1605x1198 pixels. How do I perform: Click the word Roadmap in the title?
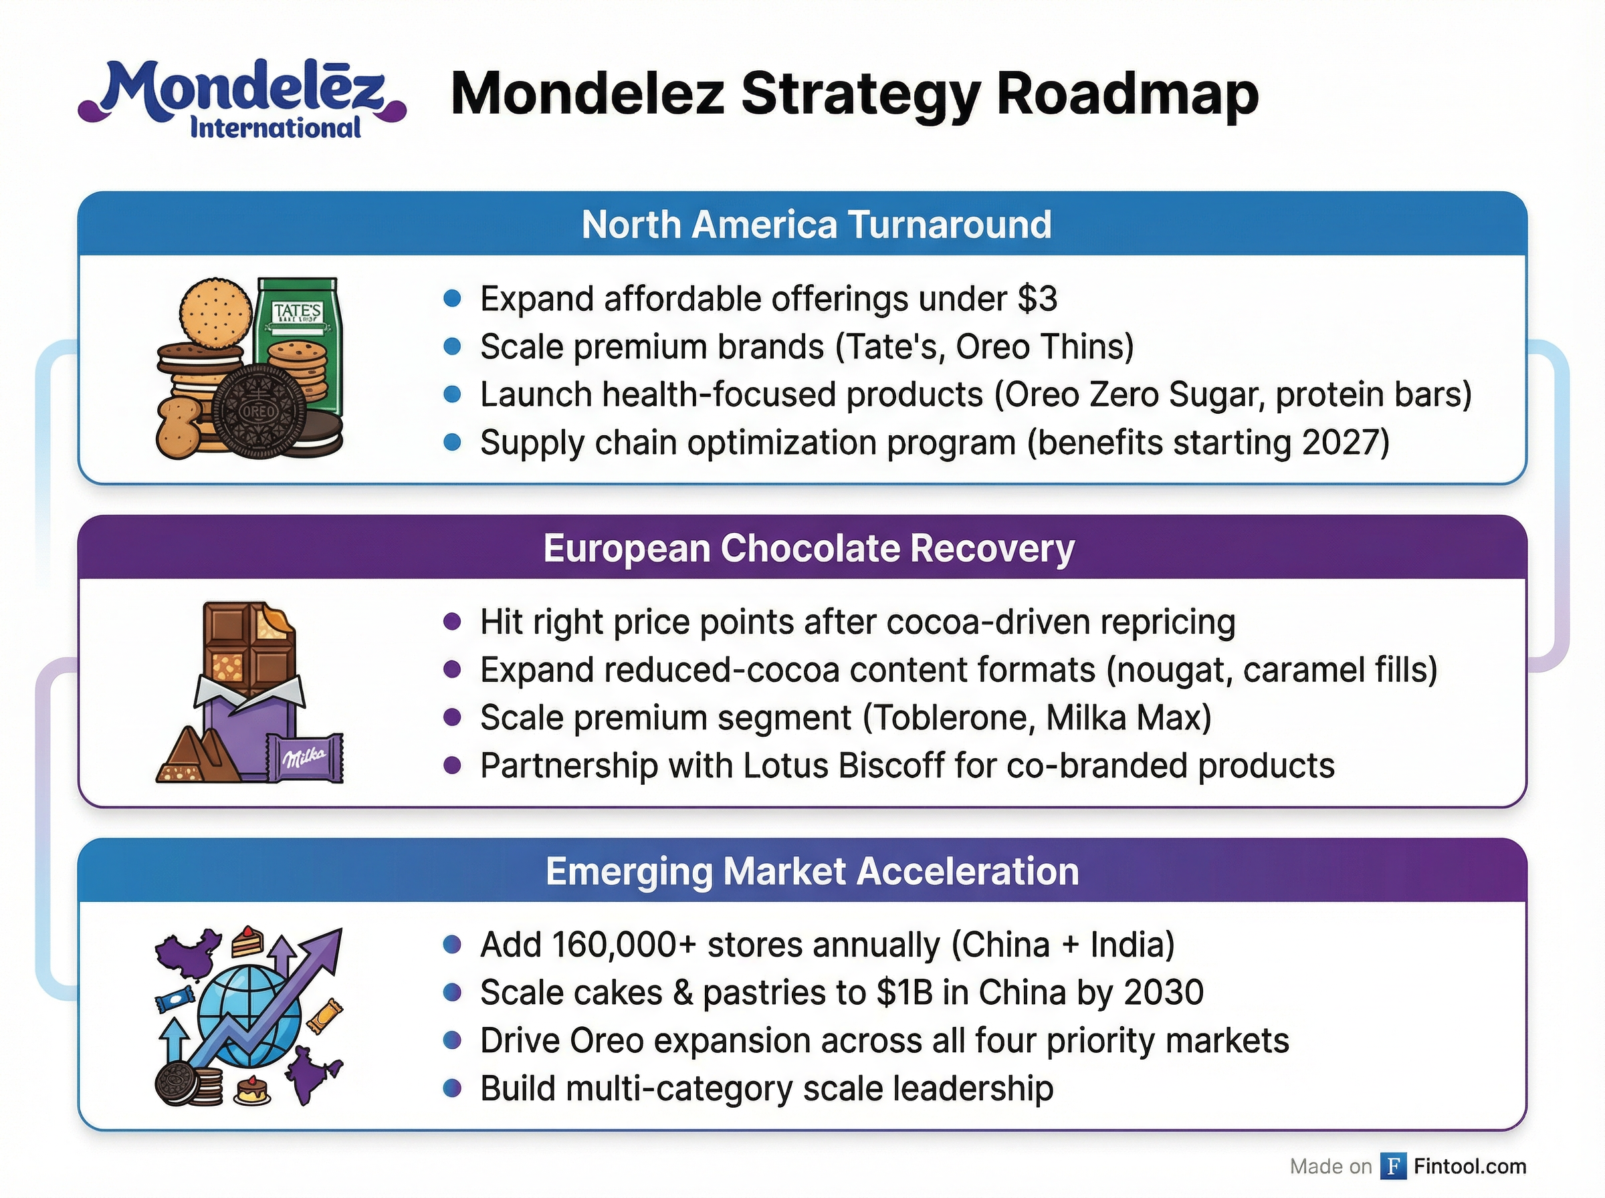[x=1127, y=94]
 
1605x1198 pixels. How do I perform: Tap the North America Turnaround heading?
[x=816, y=225]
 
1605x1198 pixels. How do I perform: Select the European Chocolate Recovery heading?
[x=809, y=548]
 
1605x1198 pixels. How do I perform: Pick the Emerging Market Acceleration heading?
[x=812, y=872]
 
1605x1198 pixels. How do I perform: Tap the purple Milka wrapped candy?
[x=304, y=759]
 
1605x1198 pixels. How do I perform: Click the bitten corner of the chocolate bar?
[x=280, y=620]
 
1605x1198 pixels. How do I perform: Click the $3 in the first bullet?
[x=1037, y=299]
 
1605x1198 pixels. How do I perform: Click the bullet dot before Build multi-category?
[x=452, y=1088]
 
